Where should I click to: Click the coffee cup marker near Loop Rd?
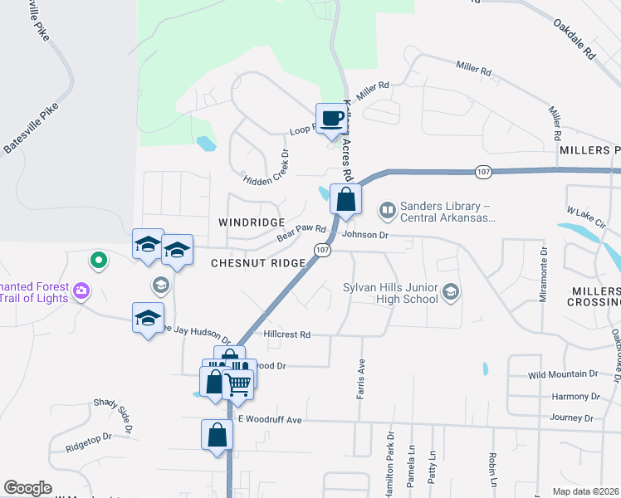(x=331, y=119)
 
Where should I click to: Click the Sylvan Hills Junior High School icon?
(x=450, y=292)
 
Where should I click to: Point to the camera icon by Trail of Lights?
(x=81, y=290)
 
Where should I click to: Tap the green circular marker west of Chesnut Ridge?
(x=99, y=261)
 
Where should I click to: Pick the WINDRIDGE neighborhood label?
(x=252, y=223)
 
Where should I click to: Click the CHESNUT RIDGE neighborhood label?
(x=258, y=262)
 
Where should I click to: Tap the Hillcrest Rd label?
(x=286, y=334)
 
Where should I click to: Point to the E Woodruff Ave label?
(x=270, y=420)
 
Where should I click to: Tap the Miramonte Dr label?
(x=544, y=273)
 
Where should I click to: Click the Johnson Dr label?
(x=365, y=235)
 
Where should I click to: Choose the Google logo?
(x=27, y=488)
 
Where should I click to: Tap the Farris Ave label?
(x=361, y=378)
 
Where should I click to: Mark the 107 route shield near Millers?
(x=484, y=171)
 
